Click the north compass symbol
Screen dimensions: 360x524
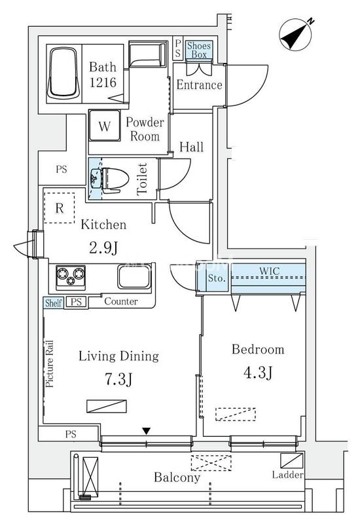[296, 34]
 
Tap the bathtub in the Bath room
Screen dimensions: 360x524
[63, 73]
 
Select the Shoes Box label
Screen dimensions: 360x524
[199, 50]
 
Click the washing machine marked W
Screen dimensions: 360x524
[105, 125]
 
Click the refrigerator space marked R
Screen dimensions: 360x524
[60, 208]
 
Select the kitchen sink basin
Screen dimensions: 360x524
[134, 276]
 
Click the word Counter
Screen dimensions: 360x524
[121, 301]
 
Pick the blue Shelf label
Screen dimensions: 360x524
[53, 303]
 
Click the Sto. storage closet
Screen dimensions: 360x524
[217, 278]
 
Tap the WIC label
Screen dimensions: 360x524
[270, 271]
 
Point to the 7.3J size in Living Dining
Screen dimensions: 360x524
[118, 379]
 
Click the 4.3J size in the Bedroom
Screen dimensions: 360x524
[258, 373]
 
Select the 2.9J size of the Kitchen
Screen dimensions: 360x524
[103, 248]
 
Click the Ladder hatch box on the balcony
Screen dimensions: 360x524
[292, 460]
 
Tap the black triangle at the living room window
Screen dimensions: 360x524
[146, 431]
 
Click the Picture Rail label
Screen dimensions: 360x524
[49, 364]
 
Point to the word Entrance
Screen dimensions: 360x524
[200, 84]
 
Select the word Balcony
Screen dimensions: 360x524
[177, 477]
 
